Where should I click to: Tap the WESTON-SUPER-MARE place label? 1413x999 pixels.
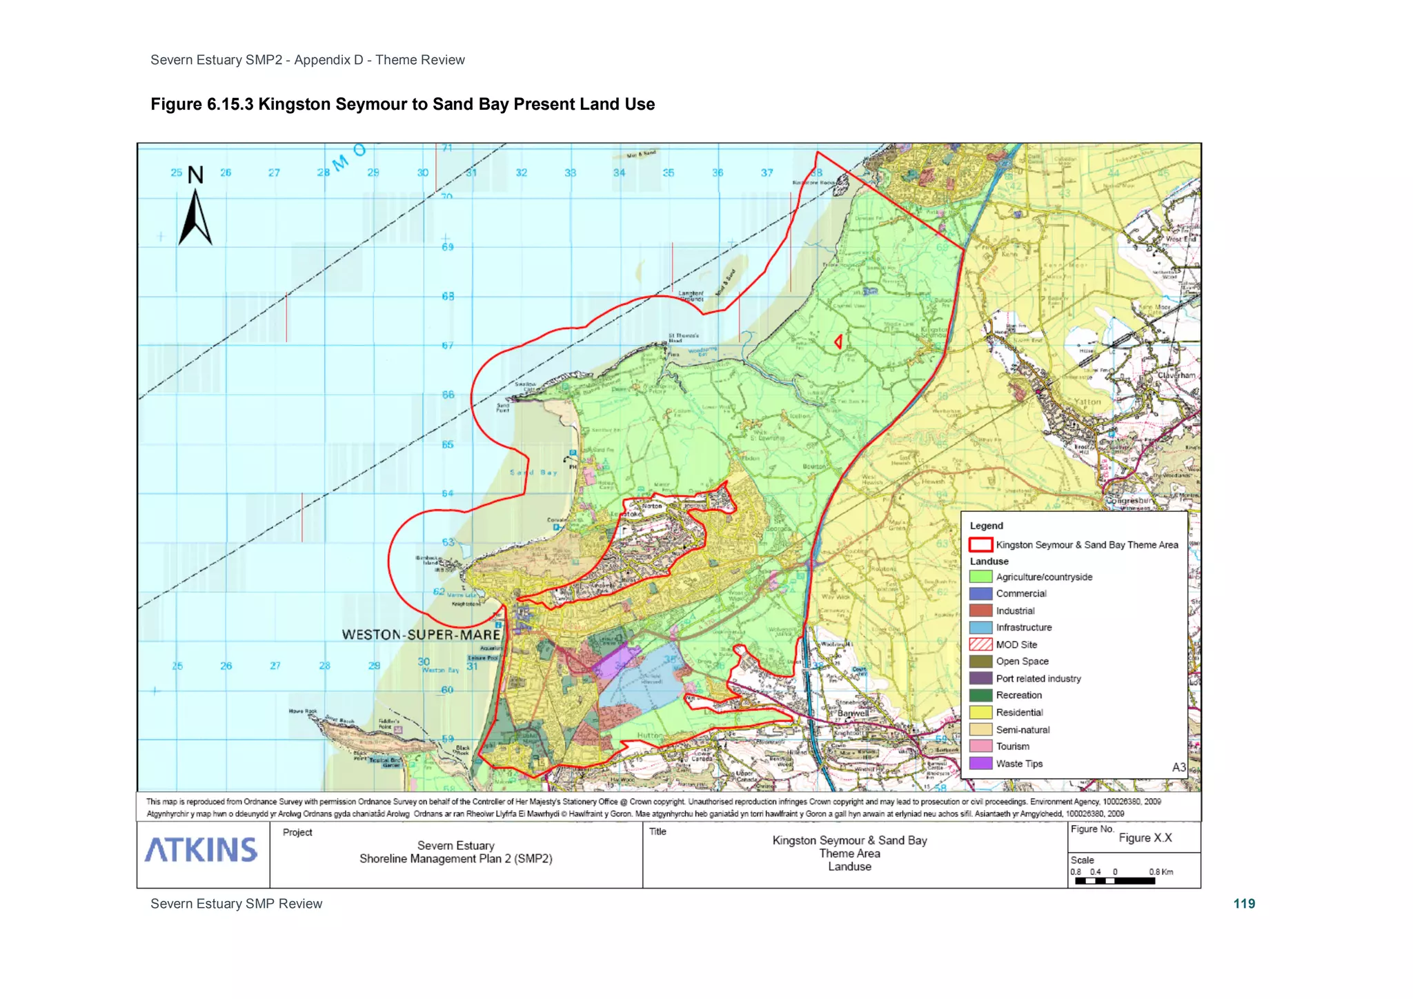click(421, 635)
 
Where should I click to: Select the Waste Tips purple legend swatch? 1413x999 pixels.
click(980, 764)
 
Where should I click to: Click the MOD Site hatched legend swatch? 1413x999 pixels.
click(980, 644)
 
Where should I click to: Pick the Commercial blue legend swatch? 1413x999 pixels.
click(980, 593)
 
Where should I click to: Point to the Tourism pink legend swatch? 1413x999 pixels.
click(980, 746)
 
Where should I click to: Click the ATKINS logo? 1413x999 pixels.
click(201, 851)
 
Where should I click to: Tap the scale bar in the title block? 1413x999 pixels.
click(1114, 881)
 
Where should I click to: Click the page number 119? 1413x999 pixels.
click(1244, 904)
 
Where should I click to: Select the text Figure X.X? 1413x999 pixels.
click(1145, 838)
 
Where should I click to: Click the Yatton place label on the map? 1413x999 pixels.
click(1087, 402)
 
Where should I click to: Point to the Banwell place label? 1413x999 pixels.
click(853, 713)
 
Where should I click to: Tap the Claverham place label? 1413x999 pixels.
click(1176, 375)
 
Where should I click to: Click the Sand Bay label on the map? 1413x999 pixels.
click(533, 473)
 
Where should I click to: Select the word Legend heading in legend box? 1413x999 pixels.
click(987, 526)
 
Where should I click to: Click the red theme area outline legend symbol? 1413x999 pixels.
click(980, 545)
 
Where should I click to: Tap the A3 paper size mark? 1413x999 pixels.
click(1178, 767)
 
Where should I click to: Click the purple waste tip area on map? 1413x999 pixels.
click(614, 660)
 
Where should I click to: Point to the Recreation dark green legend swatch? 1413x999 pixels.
click(980, 695)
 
